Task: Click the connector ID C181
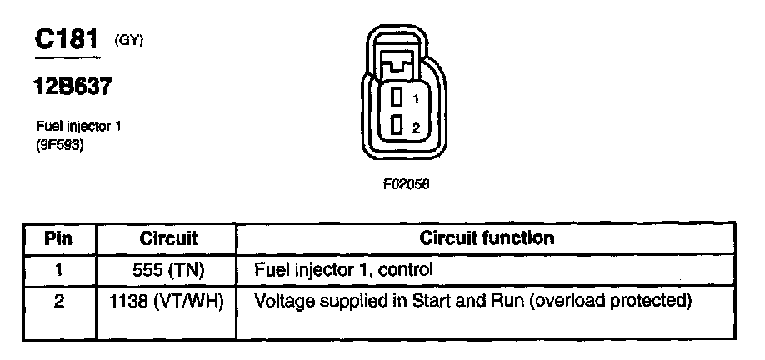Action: (67, 38)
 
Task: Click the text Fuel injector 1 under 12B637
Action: (73, 127)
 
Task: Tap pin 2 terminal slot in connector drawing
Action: (397, 126)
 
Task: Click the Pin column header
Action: (59, 238)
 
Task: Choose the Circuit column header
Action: (167, 238)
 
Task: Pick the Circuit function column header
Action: (487, 238)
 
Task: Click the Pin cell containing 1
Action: (58, 270)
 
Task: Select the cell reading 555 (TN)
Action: (167, 270)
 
